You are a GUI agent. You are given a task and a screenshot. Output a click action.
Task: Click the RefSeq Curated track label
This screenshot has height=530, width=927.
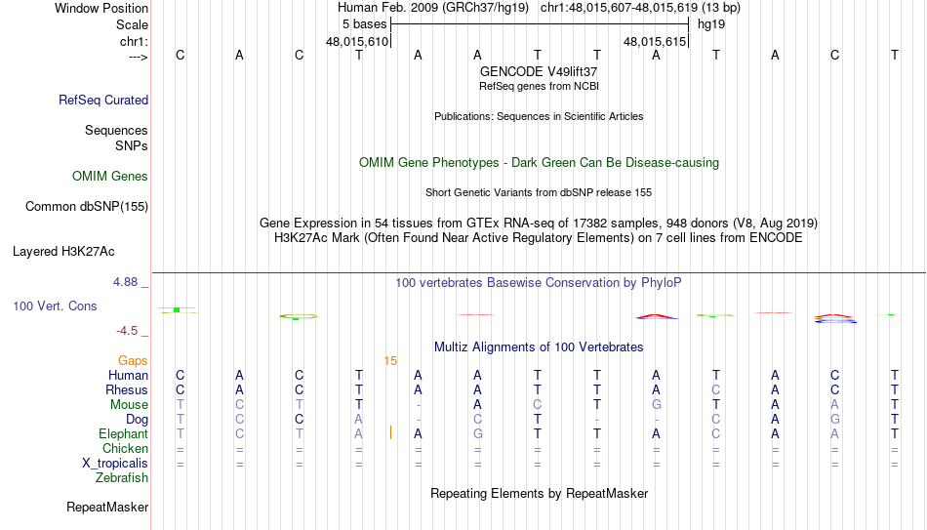click(103, 100)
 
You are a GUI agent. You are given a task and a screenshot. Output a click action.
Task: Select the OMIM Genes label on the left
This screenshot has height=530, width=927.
click(110, 177)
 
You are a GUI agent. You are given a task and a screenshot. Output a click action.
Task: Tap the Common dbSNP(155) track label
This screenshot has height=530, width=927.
click(87, 207)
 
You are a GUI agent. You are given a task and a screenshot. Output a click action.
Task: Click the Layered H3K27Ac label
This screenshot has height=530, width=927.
click(63, 252)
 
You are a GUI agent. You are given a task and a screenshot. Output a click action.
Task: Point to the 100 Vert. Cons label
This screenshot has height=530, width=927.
click(55, 306)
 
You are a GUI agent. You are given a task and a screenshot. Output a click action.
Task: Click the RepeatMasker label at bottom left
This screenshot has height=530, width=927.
click(107, 507)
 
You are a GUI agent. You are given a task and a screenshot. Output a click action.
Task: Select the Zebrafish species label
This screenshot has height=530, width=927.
click(122, 477)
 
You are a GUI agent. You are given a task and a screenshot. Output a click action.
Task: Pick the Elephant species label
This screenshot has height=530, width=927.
click(124, 433)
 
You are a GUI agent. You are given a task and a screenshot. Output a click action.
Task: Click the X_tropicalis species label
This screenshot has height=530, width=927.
click(115, 464)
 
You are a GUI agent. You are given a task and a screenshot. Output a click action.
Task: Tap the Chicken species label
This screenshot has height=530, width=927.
click(125, 448)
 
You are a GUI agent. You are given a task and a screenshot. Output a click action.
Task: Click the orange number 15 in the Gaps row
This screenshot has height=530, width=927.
click(390, 361)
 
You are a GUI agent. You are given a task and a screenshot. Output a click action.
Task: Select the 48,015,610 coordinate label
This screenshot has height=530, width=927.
click(357, 41)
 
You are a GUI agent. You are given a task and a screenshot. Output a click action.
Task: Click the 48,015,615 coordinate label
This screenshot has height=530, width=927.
click(655, 41)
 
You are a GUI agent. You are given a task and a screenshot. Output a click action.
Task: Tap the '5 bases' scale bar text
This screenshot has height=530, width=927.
click(364, 24)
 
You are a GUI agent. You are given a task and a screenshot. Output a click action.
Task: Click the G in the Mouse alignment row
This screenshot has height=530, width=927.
click(657, 405)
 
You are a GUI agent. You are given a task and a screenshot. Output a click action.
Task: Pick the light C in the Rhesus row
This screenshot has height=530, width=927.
click(716, 389)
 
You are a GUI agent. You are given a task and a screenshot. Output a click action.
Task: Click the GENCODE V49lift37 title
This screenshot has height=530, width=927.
click(539, 71)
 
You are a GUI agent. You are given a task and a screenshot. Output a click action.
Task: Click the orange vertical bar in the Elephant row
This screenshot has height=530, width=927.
click(390, 433)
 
